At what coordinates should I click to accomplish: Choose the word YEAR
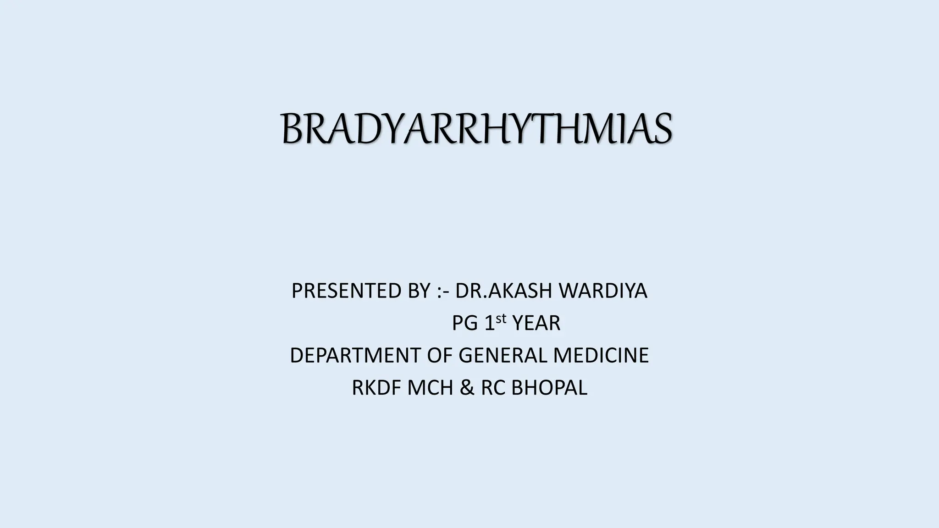(x=536, y=324)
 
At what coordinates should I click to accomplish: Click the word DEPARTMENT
(x=355, y=356)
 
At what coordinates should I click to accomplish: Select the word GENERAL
(x=503, y=356)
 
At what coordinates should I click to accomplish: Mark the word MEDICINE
(x=601, y=356)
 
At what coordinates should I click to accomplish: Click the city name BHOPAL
(x=549, y=388)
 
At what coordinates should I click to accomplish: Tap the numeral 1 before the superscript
(x=490, y=324)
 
